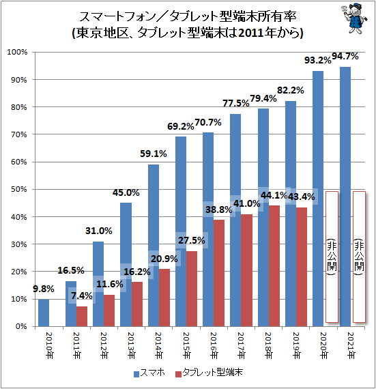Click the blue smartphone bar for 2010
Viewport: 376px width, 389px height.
pos(44,313)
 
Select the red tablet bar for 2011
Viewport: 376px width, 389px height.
pos(82,316)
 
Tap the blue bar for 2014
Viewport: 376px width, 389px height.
pos(154,246)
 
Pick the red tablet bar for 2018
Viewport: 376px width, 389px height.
pos(274,266)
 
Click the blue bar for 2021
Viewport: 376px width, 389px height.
pos(345,197)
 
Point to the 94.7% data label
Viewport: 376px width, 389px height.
pos(345,57)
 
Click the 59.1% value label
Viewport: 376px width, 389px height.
pos(154,154)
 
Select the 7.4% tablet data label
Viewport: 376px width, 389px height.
pos(82,296)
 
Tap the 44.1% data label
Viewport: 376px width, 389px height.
pos(274,195)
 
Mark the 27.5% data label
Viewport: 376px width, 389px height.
pos(192,240)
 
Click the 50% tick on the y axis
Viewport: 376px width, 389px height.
pos(19,190)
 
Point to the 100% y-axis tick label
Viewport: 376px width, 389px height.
pos(17,52)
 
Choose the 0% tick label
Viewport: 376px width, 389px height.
pos(21,326)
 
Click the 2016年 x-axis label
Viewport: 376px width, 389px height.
pos(214,345)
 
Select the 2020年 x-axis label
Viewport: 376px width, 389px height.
pos(323,345)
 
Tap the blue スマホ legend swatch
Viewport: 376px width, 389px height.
pos(136,375)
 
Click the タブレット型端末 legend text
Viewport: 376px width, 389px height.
pos(212,373)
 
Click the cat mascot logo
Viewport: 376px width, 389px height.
pos(354,18)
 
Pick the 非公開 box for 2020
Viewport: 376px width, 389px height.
pos(332,257)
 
